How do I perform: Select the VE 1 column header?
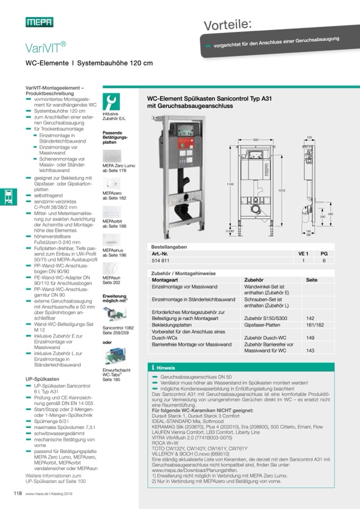click(x=303, y=254)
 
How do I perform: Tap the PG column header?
click(x=324, y=254)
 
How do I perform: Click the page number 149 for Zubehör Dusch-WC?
click(x=311, y=337)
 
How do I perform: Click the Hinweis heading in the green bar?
click(x=166, y=367)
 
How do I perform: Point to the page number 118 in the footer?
click(x=17, y=494)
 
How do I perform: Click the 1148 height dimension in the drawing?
click(x=230, y=184)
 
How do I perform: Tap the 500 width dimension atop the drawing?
click(x=255, y=140)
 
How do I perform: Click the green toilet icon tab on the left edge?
click(x=7, y=197)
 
